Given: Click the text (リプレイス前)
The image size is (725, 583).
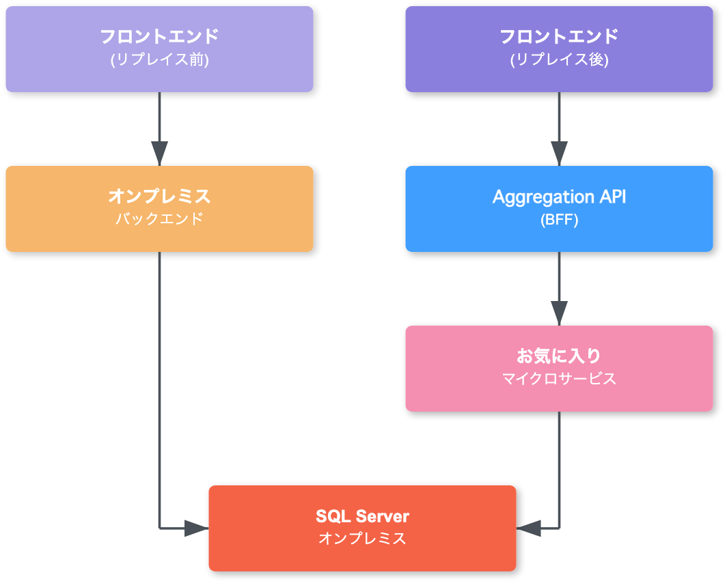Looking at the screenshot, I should click(x=159, y=59).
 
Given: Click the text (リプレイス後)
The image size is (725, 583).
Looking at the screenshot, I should click(x=559, y=59).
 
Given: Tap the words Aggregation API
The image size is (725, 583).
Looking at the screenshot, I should click(x=559, y=197).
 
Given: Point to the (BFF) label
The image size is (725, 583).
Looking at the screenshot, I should click(x=559, y=220).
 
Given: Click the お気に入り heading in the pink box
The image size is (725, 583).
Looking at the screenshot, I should click(x=559, y=356).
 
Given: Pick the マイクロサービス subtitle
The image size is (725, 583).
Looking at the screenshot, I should click(x=559, y=379).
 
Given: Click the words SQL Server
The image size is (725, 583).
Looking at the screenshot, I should click(x=362, y=515).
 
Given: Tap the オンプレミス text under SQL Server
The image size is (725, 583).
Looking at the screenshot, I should click(x=362, y=539).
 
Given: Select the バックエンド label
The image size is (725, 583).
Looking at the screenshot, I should click(x=159, y=220).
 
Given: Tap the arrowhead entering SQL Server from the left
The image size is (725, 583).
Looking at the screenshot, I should click(x=197, y=528).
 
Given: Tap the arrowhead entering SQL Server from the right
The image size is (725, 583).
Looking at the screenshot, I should click(x=528, y=528).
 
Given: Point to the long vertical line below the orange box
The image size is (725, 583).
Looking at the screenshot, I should click(x=159, y=382).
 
